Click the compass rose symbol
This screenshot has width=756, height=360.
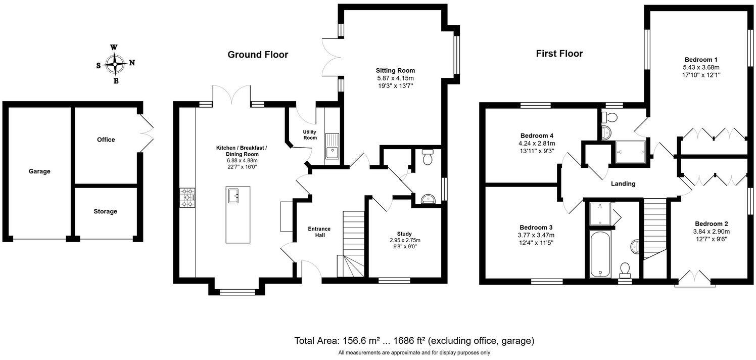point(116,64)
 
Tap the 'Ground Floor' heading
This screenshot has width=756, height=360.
point(258,55)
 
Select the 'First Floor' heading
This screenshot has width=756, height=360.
point(559,54)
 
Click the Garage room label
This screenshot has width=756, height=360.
point(39,171)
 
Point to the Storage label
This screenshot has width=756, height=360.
point(106,211)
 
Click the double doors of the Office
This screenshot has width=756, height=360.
point(146,126)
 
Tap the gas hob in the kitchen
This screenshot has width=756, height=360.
point(187,198)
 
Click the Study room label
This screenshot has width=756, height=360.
point(405,234)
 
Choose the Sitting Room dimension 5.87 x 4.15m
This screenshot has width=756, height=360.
point(395,78)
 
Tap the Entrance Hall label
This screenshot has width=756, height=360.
point(319,232)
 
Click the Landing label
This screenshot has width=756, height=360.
point(623,184)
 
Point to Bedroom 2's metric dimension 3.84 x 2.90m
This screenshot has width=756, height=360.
point(711,232)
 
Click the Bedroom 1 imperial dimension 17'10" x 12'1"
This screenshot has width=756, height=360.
point(701,75)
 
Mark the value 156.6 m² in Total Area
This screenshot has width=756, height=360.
point(355,341)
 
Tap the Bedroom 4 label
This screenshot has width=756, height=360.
point(537,136)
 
